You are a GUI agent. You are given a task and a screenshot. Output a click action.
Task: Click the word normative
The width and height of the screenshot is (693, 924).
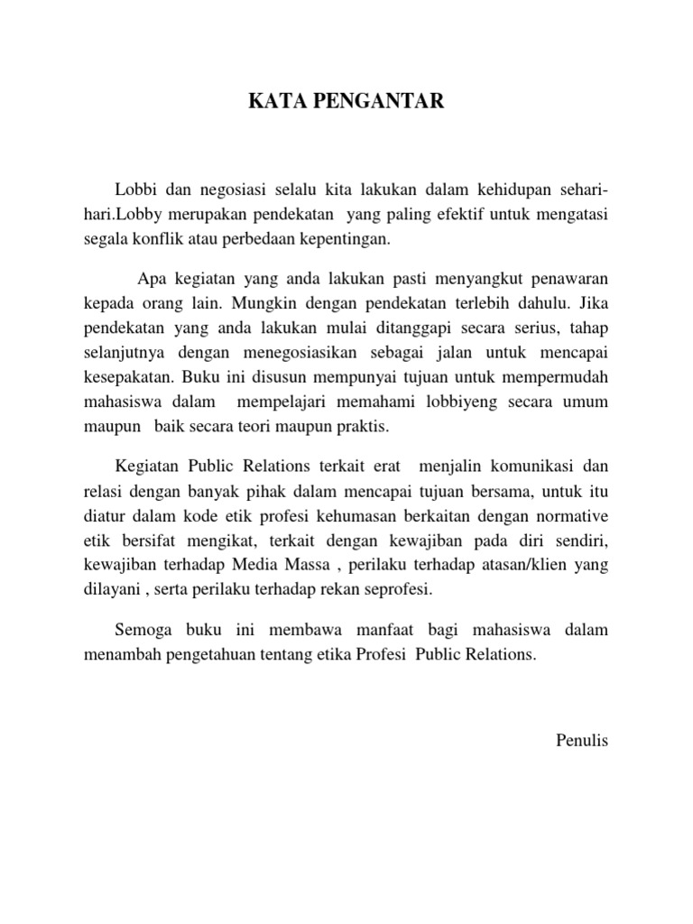(574, 518)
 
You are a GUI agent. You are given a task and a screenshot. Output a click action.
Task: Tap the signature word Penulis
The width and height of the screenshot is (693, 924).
(583, 742)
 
